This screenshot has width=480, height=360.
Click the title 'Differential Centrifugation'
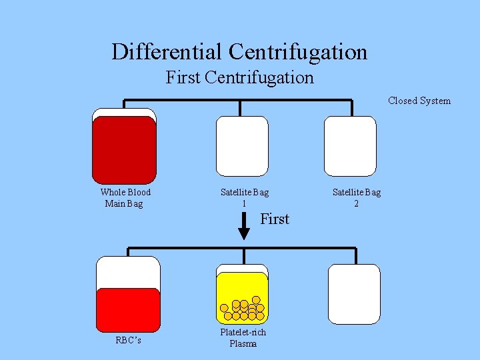point(239,51)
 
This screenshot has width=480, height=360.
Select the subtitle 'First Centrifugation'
point(239,77)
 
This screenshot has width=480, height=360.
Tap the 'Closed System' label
point(419,101)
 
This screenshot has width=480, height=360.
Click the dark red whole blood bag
point(124,149)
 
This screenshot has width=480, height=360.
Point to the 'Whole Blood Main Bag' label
point(125,197)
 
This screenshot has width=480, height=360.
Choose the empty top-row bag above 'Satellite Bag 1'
point(242,146)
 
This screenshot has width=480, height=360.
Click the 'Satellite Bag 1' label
point(245,197)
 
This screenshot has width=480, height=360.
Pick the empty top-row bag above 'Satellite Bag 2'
point(350,146)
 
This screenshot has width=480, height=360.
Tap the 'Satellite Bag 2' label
point(357,197)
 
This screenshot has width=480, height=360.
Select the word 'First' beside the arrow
point(275,219)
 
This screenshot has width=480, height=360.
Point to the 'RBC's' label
point(128,340)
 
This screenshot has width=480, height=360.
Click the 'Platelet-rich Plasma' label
point(243,338)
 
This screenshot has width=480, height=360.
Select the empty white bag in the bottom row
point(354,294)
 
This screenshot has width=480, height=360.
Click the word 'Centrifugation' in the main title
point(298,51)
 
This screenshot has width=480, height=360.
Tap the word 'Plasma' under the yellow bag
point(243,343)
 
